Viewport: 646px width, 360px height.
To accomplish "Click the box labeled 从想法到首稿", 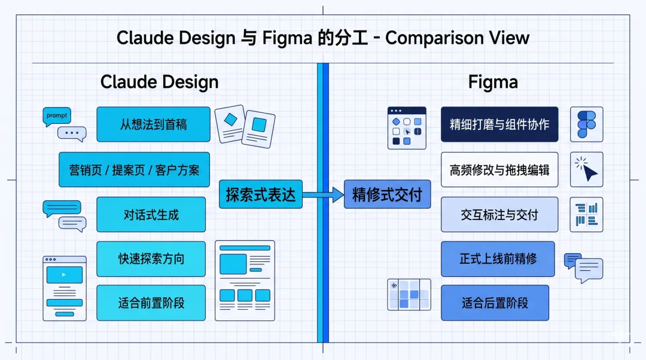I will (153, 124).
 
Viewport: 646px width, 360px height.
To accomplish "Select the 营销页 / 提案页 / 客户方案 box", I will (134, 170).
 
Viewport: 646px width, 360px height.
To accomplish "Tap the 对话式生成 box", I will (151, 214).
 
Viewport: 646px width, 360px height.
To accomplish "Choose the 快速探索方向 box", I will (151, 259).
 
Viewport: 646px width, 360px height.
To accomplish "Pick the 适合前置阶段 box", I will (151, 303).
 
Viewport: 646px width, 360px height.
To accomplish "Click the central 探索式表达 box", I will (261, 194).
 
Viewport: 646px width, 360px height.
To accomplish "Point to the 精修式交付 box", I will (387, 194).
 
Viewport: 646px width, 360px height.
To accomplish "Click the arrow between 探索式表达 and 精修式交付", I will (323, 194).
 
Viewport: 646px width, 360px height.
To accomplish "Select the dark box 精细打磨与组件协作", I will (499, 124).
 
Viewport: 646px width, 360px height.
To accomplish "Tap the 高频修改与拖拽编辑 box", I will (499, 170).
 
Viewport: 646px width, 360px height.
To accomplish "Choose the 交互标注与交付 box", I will (499, 214).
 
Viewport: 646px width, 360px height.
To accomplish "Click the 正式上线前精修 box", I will (498, 259).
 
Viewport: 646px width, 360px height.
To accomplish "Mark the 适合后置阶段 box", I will (495, 303).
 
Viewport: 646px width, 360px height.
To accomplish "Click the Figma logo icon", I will (586, 124).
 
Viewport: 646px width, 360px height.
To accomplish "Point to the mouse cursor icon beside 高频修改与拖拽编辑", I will (587, 170).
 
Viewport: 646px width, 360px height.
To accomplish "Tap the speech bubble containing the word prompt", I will (57, 115).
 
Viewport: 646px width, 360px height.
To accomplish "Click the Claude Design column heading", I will (159, 82).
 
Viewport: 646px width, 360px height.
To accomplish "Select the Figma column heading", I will (493, 82).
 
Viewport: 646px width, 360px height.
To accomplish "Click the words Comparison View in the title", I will (457, 38).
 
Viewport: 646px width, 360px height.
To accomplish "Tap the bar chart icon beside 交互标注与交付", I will (586, 214).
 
